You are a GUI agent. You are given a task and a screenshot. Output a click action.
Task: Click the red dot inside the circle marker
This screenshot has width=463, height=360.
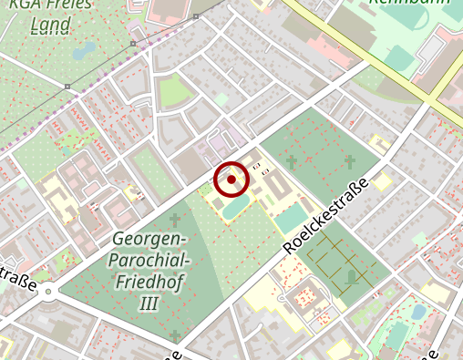pyautogui.click(x=231, y=180)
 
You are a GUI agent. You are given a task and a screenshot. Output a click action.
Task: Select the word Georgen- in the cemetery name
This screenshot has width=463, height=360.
pyautogui.click(x=150, y=239)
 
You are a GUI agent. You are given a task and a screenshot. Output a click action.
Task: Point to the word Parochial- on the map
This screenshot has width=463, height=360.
pyautogui.click(x=150, y=261)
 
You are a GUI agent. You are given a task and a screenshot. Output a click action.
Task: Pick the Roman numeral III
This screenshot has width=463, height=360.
pyautogui.click(x=149, y=303)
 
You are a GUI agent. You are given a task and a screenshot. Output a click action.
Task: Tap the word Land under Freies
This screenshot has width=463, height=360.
pyautogui.click(x=50, y=26)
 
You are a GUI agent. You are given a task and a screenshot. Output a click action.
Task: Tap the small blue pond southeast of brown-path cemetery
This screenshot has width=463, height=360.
pyautogui.click(x=418, y=312)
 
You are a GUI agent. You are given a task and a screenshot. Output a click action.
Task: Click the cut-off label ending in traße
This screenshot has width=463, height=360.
pyautogui.click(x=18, y=278)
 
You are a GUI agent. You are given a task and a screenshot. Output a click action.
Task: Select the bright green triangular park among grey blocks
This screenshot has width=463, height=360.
pyautogui.click(x=171, y=92)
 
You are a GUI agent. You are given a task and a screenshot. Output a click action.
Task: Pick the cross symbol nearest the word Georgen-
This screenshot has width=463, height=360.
pyautogui.click(x=175, y=220)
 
